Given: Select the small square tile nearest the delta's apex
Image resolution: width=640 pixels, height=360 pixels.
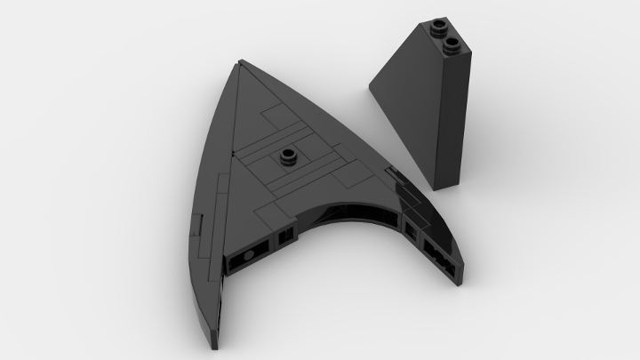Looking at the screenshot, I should tap(271, 116).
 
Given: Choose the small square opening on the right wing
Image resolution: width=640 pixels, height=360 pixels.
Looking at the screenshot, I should tap(411, 234).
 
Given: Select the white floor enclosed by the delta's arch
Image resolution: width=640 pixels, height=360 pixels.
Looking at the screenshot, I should tap(347, 267).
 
